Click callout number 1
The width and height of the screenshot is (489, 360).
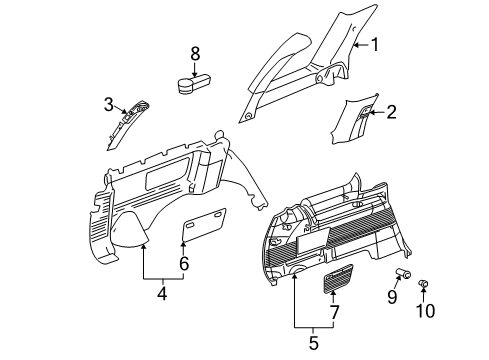(x=376, y=43)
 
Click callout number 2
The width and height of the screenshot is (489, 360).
(x=391, y=112)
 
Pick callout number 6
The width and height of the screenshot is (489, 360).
(x=184, y=264)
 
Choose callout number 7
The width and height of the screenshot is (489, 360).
(x=334, y=311)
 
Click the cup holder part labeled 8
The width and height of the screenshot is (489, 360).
(x=194, y=83)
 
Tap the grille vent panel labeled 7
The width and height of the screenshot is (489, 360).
(x=336, y=277)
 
